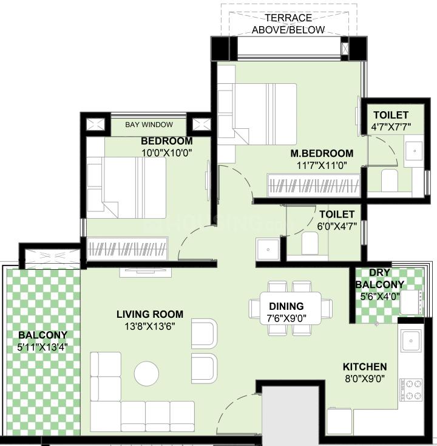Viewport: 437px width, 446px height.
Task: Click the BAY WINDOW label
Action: pyautogui.click(x=149, y=125)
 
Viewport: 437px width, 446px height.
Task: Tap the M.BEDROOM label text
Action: pyautogui.click(x=321, y=153)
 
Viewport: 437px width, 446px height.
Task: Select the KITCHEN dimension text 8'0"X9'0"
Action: pyautogui.click(x=364, y=378)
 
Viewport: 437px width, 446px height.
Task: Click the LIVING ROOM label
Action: pyautogui.click(x=150, y=314)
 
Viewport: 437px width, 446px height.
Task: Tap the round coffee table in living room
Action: pyautogui.click(x=147, y=374)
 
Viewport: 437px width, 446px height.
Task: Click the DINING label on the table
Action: pyautogui.click(x=286, y=306)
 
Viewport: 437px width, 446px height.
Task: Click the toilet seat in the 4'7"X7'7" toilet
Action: pyautogui.click(x=388, y=180)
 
